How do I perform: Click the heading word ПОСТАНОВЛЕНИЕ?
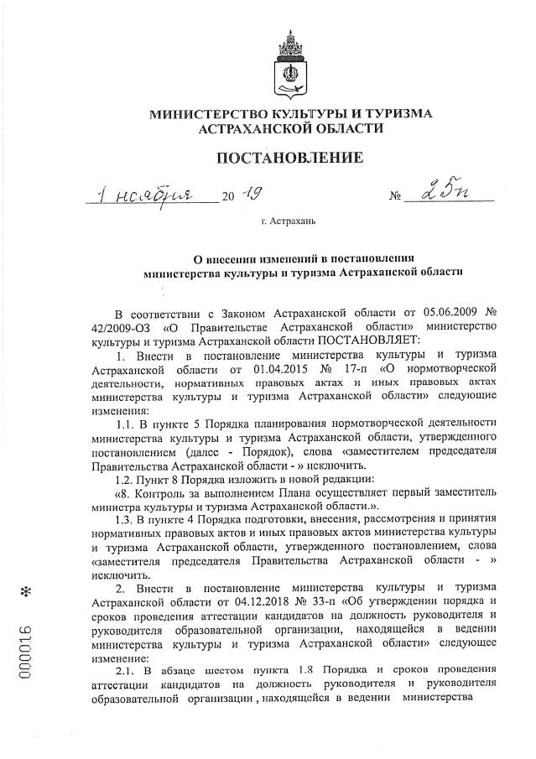click(x=290, y=157)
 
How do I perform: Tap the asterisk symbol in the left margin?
click(x=30, y=591)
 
